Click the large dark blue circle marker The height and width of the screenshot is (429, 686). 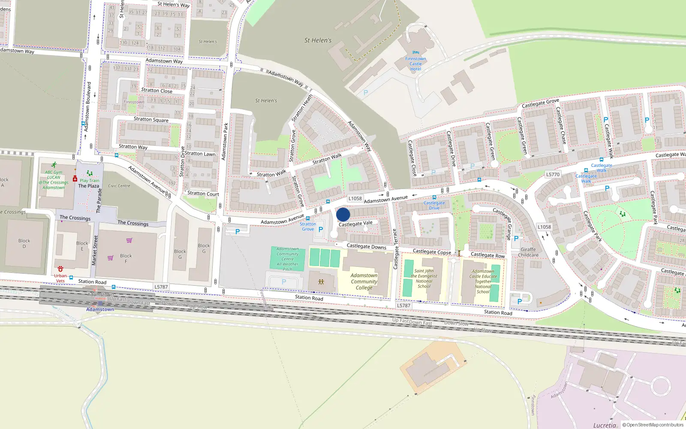[x=343, y=214]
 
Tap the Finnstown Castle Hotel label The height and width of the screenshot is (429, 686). [x=415, y=64]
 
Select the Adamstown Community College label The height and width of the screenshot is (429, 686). [x=364, y=282]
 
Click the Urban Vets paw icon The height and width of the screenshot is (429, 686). [x=60, y=269]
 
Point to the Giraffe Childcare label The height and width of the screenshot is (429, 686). [x=528, y=252]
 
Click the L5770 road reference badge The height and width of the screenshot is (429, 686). [x=553, y=175]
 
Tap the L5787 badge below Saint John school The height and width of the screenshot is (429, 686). [x=403, y=306]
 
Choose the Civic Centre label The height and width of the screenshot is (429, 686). [x=119, y=186]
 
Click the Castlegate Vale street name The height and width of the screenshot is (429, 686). [x=355, y=224]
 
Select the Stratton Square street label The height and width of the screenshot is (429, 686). [x=151, y=120]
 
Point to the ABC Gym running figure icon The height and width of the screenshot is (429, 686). [x=54, y=165]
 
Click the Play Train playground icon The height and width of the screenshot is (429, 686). [x=90, y=173]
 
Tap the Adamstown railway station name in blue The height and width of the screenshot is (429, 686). [x=100, y=309]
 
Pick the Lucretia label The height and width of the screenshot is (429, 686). [x=605, y=426]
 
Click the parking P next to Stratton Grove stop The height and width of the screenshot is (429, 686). [x=320, y=230]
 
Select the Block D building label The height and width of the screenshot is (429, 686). [x=24, y=244]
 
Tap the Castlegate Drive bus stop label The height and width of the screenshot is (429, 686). [x=434, y=205]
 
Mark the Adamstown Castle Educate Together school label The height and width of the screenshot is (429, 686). [x=483, y=281]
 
